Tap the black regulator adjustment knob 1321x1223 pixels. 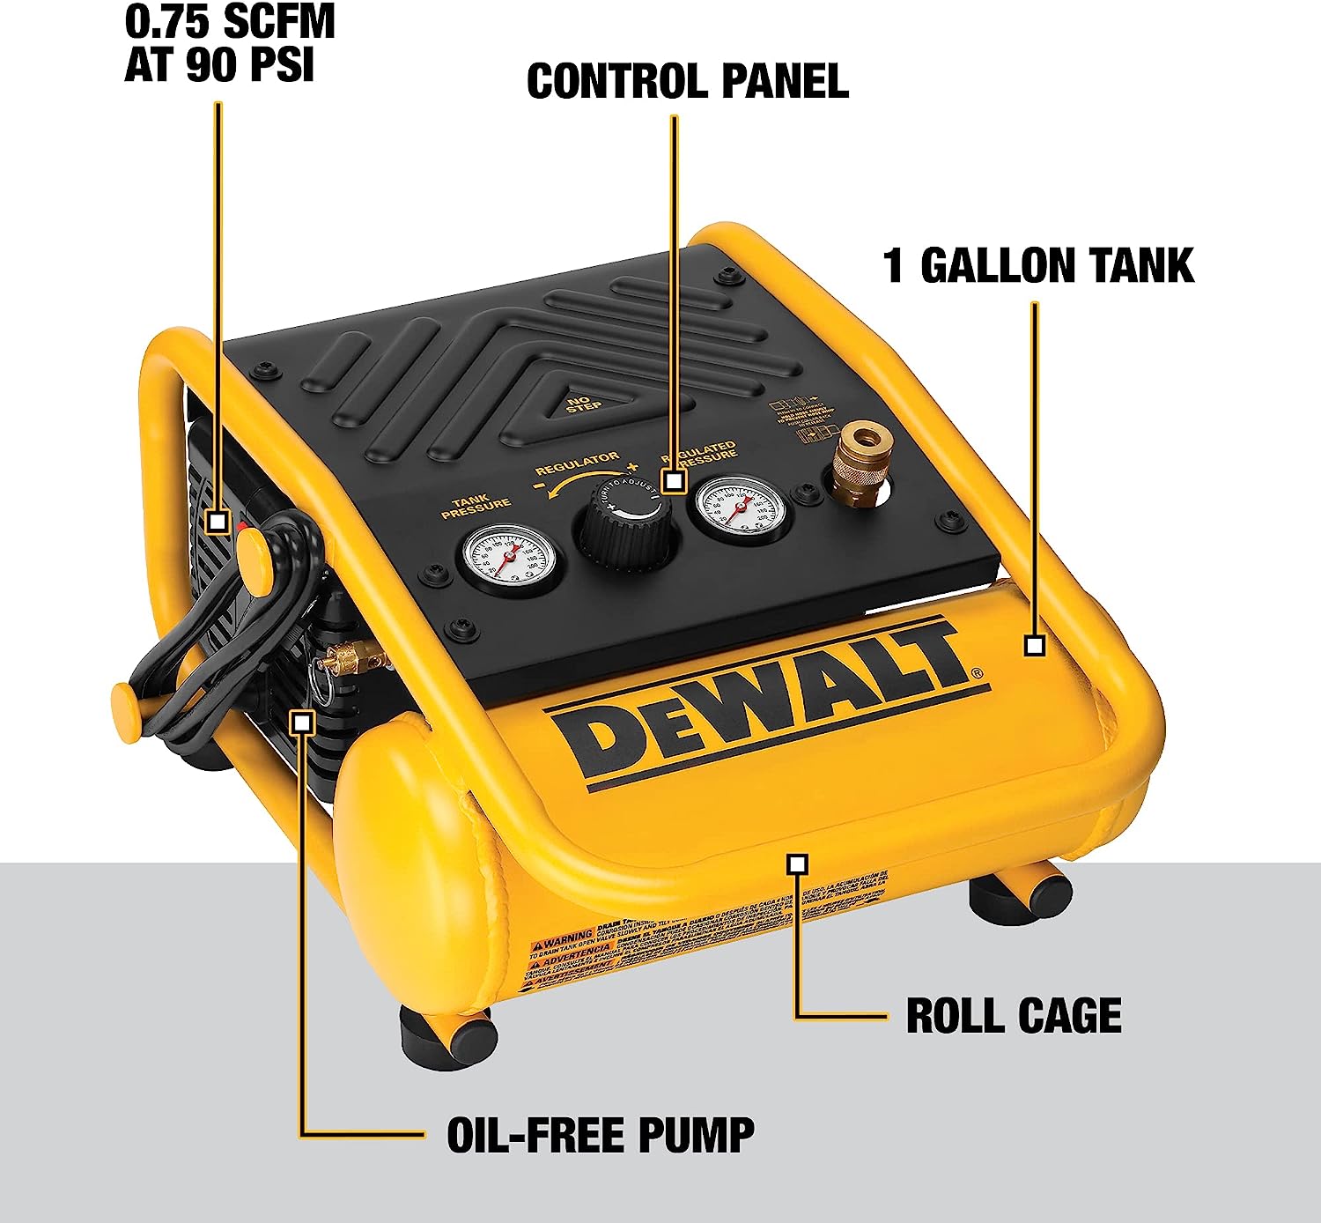(x=627, y=525)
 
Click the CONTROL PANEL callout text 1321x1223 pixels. (x=687, y=82)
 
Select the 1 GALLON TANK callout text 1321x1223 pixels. (x=1038, y=266)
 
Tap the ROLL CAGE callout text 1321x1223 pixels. (x=1014, y=1016)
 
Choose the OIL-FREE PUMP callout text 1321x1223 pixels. (x=601, y=1135)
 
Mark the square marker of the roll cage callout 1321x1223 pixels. (x=798, y=864)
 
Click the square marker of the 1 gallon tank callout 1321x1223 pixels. (x=1035, y=645)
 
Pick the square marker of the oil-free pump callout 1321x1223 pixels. (x=302, y=722)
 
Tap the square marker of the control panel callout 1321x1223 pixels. (x=674, y=481)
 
